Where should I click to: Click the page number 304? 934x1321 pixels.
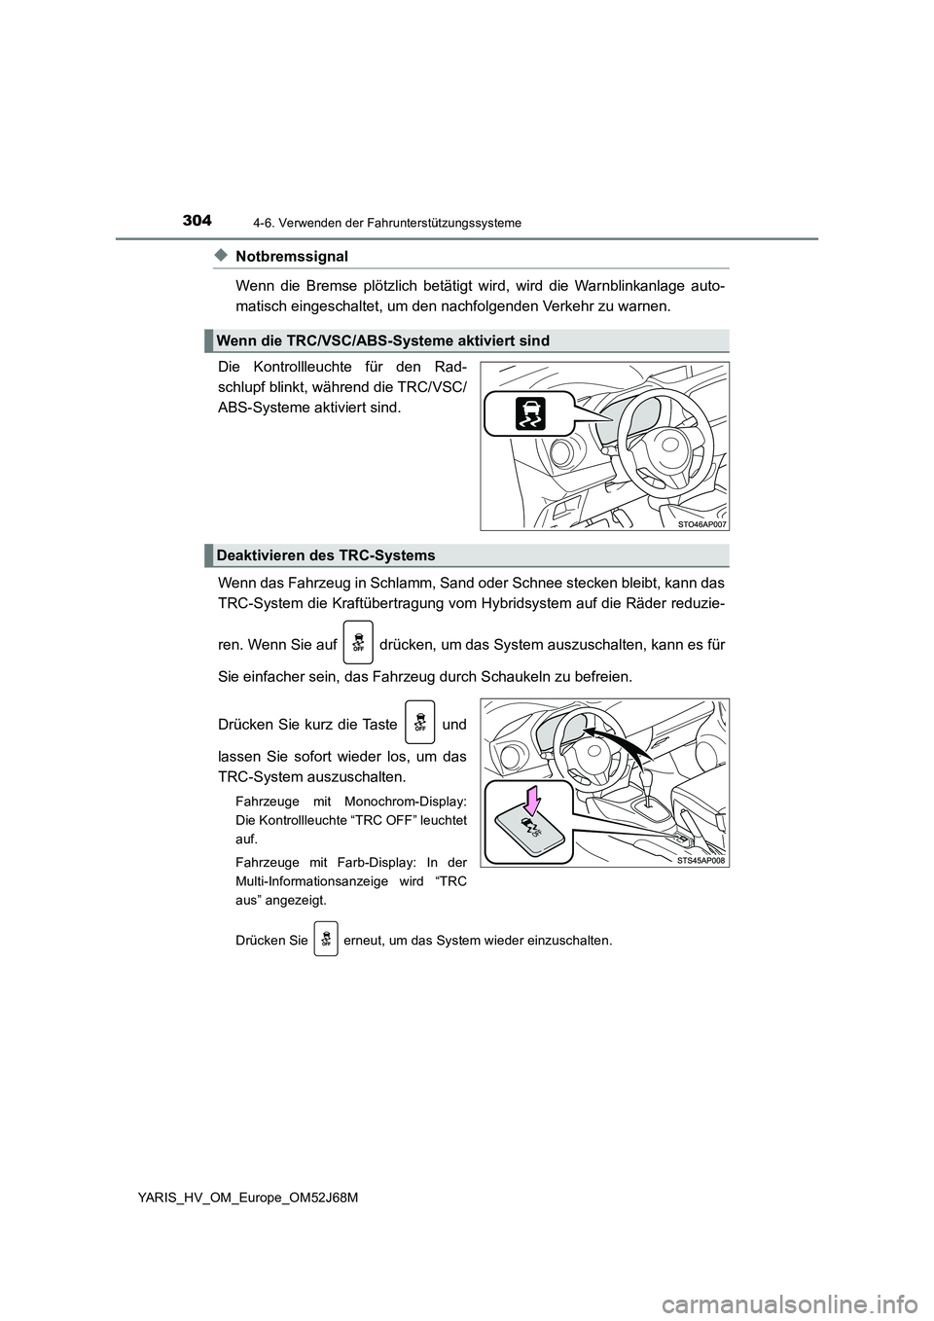[x=195, y=221]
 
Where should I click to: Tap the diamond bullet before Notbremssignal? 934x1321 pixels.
[x=220, y=255]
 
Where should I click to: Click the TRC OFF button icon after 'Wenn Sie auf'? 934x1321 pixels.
[x=358, y=642]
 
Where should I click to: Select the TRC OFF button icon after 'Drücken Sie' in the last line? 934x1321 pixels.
[x=326, y=941]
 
